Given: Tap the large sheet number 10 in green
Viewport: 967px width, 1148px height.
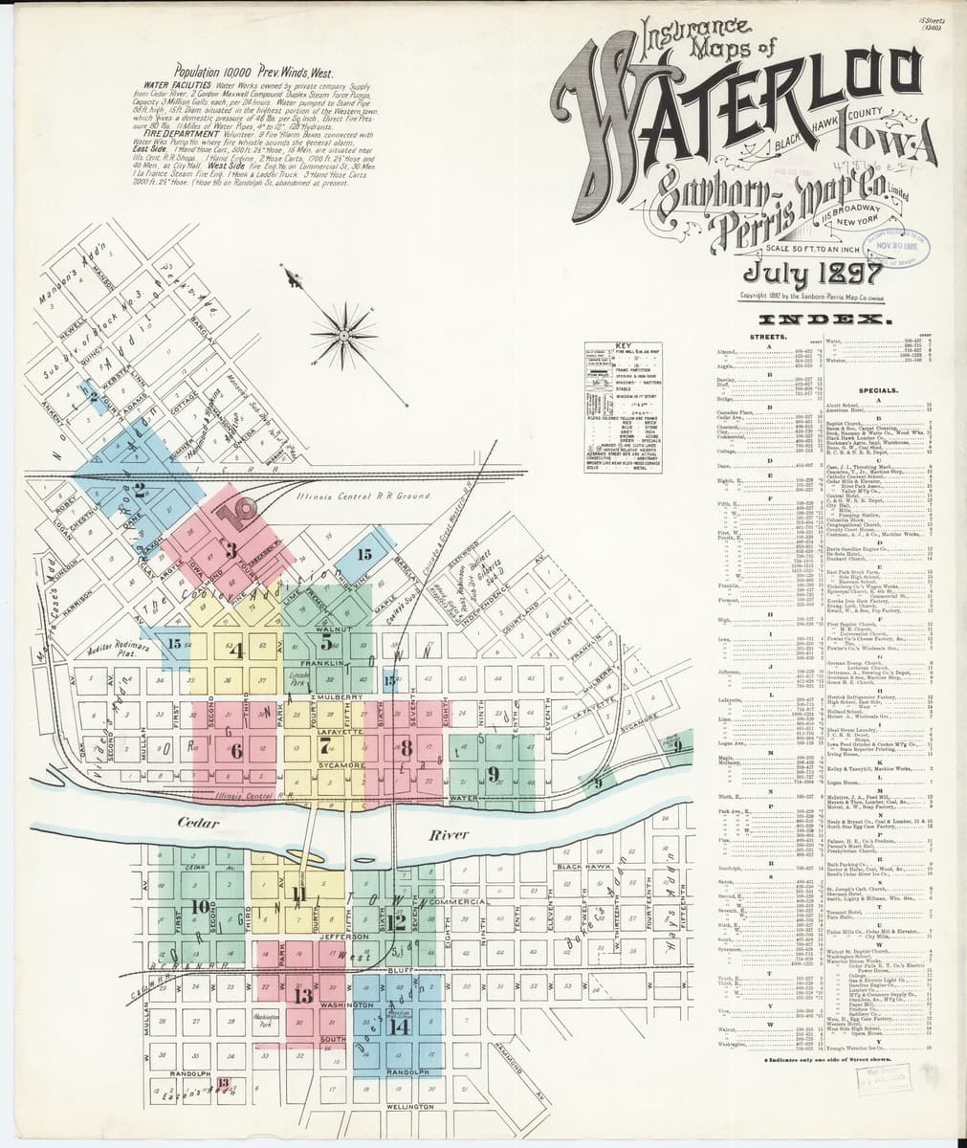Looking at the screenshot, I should point(201,906).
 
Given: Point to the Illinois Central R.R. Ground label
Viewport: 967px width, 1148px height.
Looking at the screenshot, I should point(351,497).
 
